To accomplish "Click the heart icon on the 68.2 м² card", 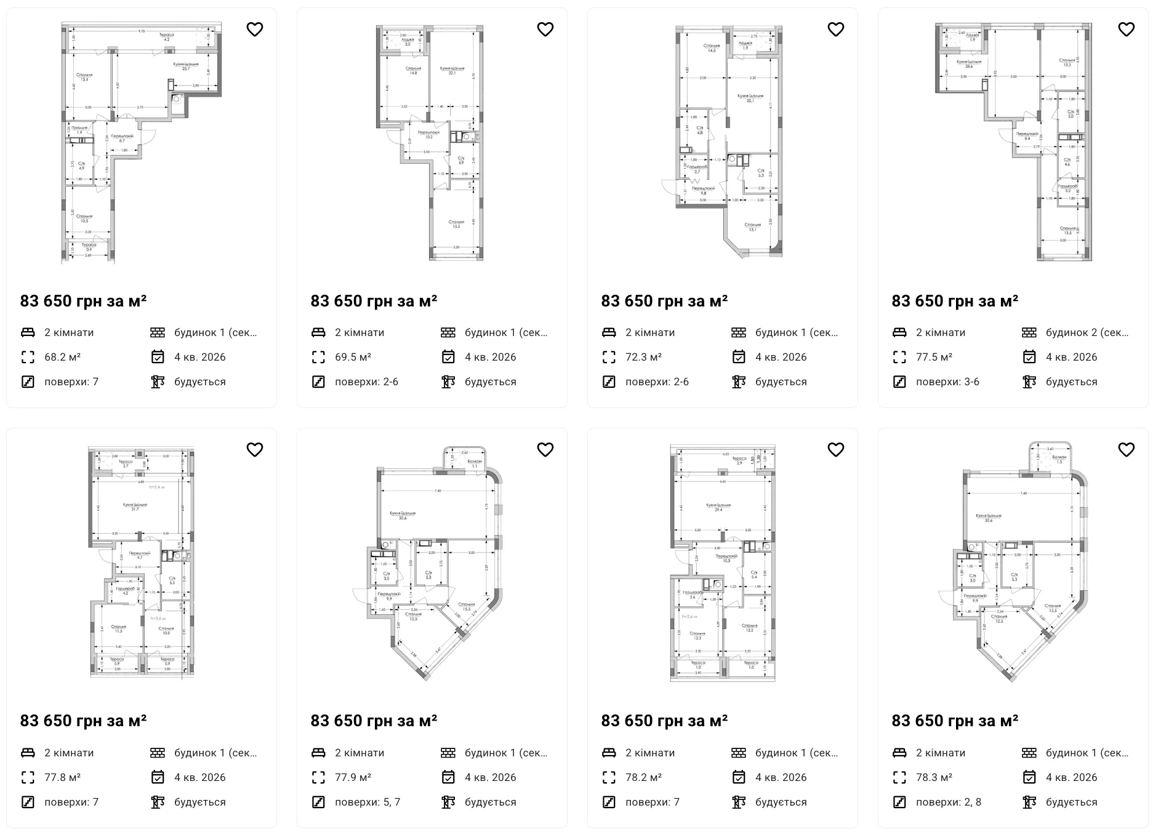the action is click(255, 30).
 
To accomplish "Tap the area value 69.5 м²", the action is click(353, 357).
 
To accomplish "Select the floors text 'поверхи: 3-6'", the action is click(947, 382).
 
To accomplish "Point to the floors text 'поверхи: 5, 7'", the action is click(368, 802).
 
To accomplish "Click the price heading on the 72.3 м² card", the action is click(664, 301).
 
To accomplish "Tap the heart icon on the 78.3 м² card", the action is click(1126, 450).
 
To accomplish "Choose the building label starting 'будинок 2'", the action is click(1087, 332).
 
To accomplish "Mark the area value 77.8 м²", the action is click(62, 777).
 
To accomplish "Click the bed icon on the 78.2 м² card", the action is click(609, 753).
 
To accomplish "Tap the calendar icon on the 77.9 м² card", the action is click(448, 777).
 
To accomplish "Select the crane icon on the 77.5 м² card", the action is click(1029, 382).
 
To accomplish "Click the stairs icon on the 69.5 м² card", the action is click(318, 382).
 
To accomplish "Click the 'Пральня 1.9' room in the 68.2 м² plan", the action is click(79, 130).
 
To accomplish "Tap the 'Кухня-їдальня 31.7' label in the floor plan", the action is click(135, 507).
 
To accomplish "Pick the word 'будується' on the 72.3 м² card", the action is click(781, 382).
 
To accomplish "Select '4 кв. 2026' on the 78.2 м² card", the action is click(781, 777).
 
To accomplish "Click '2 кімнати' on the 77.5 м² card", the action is click(944, 332).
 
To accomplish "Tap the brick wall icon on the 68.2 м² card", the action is click(158, 332).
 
